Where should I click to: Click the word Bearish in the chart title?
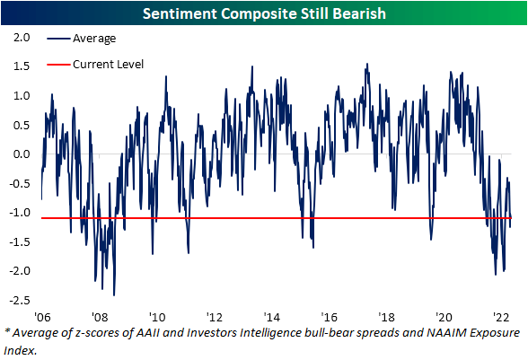coord(358,13)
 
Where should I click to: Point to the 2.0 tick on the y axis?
coord(22,38)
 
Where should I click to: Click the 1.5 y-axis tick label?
coord(22,66)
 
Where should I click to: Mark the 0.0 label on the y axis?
coord(22,154)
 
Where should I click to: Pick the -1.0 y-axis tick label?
coord(20,213)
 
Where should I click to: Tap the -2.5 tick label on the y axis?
coord(20,300)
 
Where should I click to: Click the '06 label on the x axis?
coord(42,317)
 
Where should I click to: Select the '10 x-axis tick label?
coord(157,317)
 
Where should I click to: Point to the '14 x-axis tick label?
coord(272,317)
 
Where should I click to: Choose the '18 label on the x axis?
coord(386,317)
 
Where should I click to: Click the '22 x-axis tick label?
coord(501,317)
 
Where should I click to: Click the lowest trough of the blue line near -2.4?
coord(114,295)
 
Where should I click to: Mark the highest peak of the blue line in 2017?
coord(367,64)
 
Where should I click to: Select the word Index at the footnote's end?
coord(21,350)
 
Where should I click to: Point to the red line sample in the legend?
coord(58,65)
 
